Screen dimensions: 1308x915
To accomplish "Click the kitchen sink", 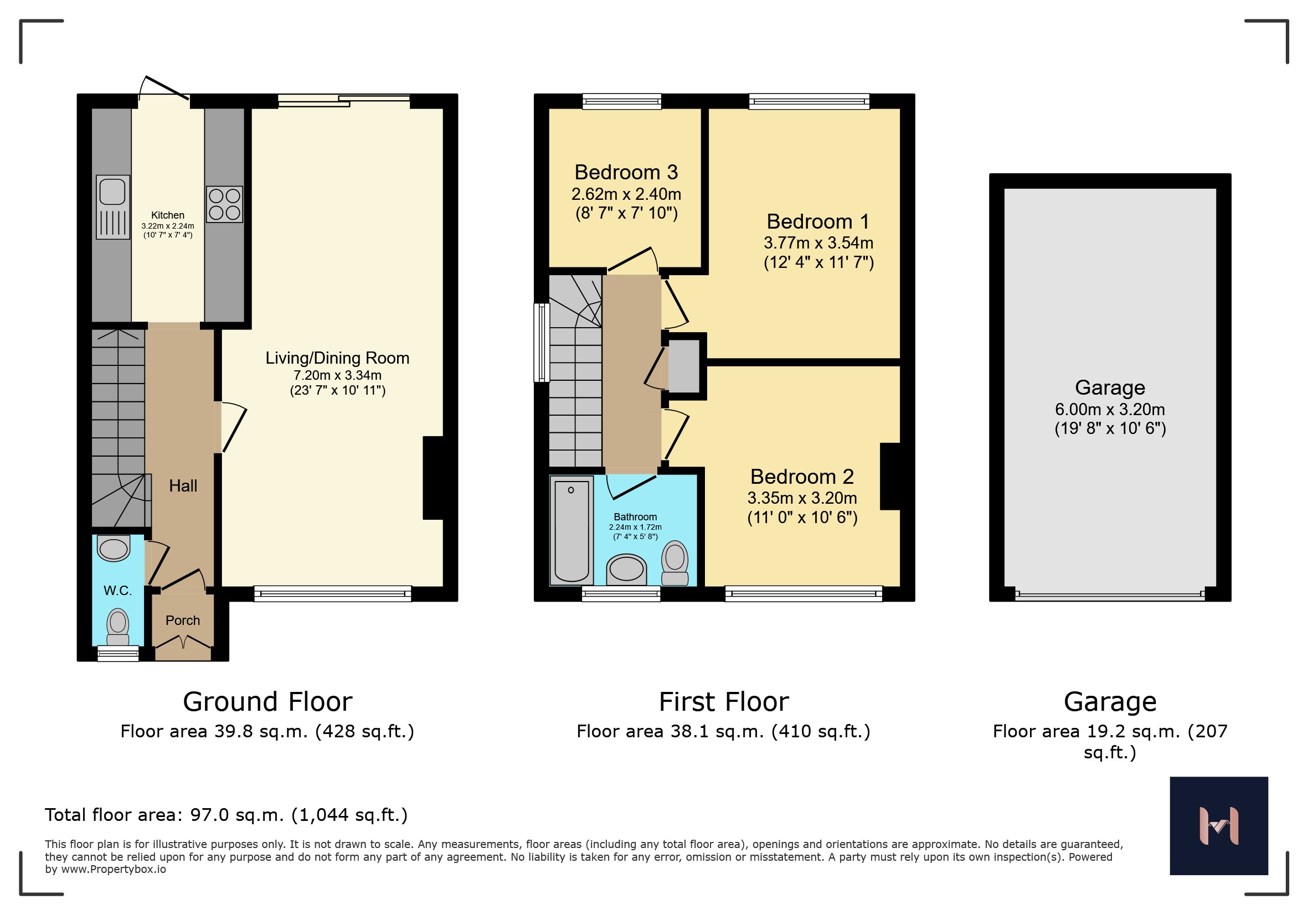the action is pyautogui.click(x=113, y=206).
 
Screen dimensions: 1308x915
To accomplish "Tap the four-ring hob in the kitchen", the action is pyautogui.click(x=224, y=204).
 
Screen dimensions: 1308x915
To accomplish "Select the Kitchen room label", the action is pyautogui.click(x=167, y=215).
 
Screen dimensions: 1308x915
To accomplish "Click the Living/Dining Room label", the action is pyautogui.click(x=337, y=358).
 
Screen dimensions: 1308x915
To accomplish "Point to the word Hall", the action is pyautogui.click(x=183, y=485).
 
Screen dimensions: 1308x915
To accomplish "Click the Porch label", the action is pyautogui.click(x=183, y=620).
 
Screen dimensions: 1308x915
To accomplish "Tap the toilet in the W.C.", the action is pyautogui.click(x=118, y=626).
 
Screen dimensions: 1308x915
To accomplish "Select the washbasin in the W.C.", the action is pyautogui.click(x=114, y=549).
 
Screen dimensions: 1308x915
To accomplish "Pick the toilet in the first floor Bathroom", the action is pyautogui.click(x=675, y=562).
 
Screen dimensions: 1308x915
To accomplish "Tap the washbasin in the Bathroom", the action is pyautogui.click(x=627, y=570).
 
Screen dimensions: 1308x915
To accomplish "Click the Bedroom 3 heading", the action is pyautogui.click(x=626, y=172).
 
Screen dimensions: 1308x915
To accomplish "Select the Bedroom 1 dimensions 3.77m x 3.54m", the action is pyautogui.click(x=818, y=242).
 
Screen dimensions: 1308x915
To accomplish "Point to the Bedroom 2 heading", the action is pyautogui.click(x=802, y=476).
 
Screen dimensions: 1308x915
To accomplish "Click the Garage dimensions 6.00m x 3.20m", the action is pyautogui.click(x=1110, y=409).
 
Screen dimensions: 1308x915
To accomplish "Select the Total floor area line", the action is pyautogui.click(x=226, y=815).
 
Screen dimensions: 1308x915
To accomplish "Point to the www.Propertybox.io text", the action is pyautogui.click(x=114, y=870).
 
